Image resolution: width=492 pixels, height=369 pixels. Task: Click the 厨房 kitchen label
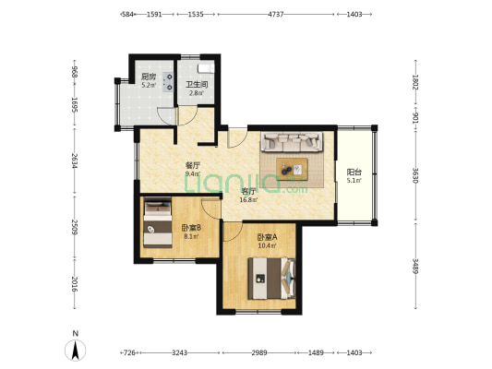(x=148, y=77)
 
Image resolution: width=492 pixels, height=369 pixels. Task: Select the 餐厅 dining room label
(x=192, y=165)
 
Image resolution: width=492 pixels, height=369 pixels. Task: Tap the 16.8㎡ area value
(x=248, y=198)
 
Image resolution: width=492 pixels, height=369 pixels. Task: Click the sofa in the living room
(x=292, y=143)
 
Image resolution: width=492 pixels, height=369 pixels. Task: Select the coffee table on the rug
(x=293, y=168)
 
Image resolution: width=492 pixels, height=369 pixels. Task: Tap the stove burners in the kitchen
(x=169, y=81)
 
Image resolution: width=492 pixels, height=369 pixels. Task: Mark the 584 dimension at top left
(x=129, y=15)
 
